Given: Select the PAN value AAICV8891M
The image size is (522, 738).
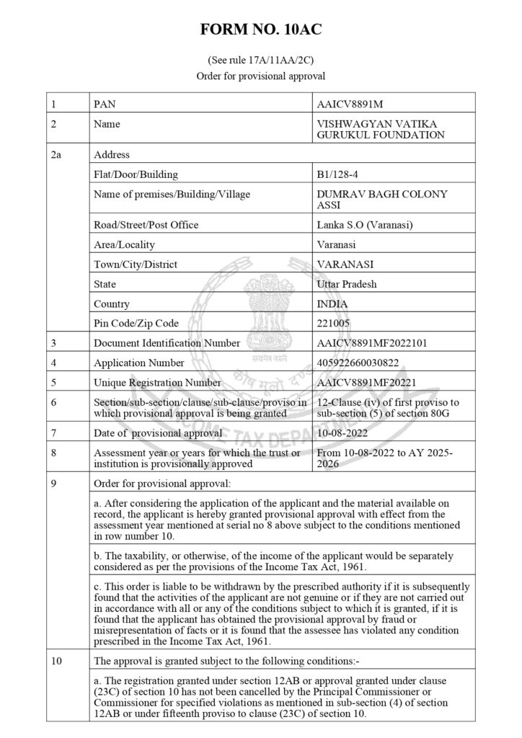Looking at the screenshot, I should click(350, 104).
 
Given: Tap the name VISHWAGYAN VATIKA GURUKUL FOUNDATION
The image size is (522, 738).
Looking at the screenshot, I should click(381, 129).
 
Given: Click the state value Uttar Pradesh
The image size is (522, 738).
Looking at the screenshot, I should click(346, 284).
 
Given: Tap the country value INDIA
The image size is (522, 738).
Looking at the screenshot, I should click(332, 303).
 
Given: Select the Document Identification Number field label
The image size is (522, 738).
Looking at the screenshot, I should click(167, 343).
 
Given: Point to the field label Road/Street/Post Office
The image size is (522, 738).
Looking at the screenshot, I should click(146, 225).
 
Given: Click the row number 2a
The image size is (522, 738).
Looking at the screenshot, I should click(58, 154).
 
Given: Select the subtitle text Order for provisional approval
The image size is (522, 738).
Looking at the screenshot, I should click(261, 76).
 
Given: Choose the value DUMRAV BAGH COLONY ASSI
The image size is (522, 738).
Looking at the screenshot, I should click(382, 200).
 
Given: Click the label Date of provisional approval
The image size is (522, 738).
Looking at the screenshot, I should click(158, 433).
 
